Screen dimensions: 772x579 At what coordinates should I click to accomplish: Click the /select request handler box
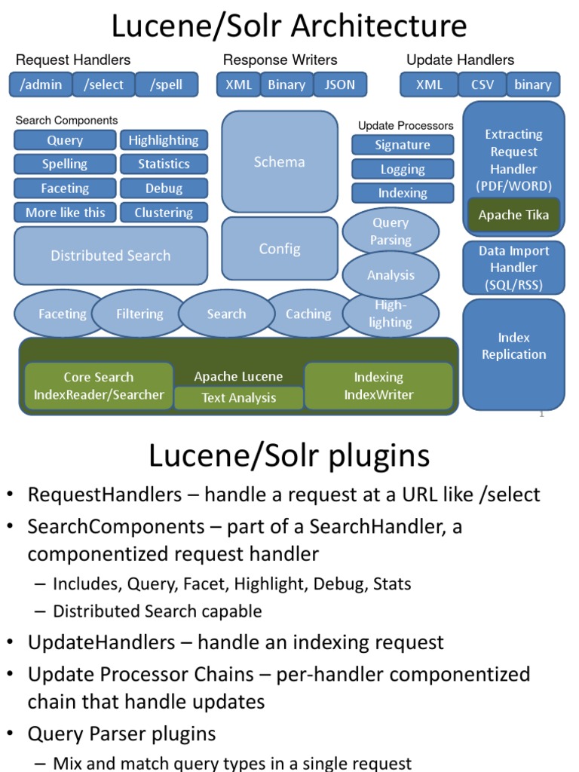pyautogui.click(x=104, y=84)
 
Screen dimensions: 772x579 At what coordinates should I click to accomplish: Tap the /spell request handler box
pyautogui.click(x=166, y=84)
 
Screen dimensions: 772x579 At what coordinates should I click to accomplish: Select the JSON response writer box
pyautogui.click(x=339, y=84)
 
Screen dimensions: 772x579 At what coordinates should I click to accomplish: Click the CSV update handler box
pyautogui.click(x=482, y=84)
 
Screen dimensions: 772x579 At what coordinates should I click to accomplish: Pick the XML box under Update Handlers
pyautogui.click(x=429, y=84)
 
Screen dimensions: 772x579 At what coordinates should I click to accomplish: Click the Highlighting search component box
pyautogui.click(x=164, y=140)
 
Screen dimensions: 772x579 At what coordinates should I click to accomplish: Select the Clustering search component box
pyautogui.click(x=164, y=213)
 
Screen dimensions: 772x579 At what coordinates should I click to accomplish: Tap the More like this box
pyautogui.click(x=66, y=213)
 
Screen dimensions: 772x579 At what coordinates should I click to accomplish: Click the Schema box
pyautogui.click(x=280, y=162)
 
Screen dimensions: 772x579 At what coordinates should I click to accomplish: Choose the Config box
pyautogui.click(x=280, y=249)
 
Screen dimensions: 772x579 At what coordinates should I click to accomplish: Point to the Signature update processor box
pyautogui.click(x=403, y=145)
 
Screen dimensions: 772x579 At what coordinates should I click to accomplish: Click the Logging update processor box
pyautogui.click(x=403, y=170)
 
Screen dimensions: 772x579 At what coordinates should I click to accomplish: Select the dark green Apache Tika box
pyautogui.click(x=513, y=215)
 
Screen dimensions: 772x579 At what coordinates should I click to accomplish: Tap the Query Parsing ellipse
pyautogui.click(x=391, y=231)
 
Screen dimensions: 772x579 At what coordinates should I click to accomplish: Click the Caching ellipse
pyautogui.click(x=308, y=314)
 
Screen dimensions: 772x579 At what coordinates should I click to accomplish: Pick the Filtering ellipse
pyautogui.click(x=139, y=314)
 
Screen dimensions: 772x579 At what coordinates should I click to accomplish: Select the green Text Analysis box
pyautogui.click(x=239, y=398)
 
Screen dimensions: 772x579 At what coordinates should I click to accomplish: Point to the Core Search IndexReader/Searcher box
pyautogui.click(x=99, y=386)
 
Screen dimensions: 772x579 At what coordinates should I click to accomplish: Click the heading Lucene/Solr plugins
pyautogui.click(x=289, y=455)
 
